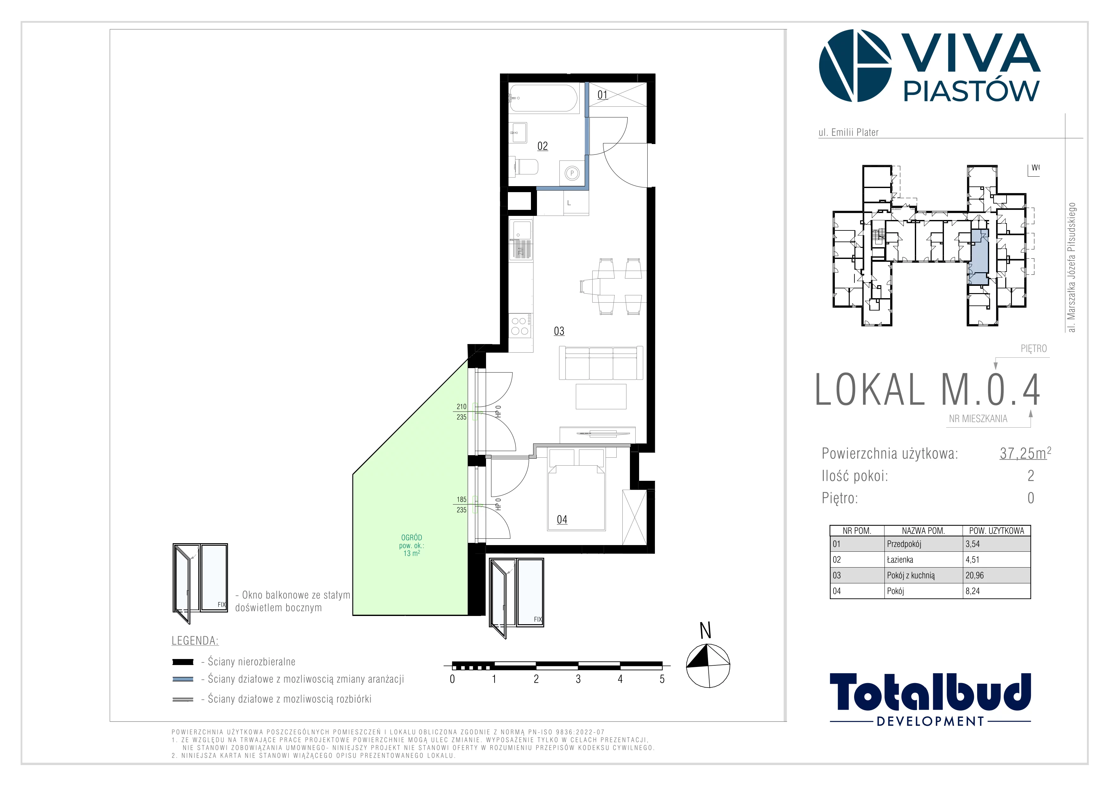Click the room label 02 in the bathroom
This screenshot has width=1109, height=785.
tap(542, 146)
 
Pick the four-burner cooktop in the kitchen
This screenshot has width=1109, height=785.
tap(521, 326)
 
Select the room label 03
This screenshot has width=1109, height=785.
tap(559, 331)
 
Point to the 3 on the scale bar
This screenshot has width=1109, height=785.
tap(578, 679)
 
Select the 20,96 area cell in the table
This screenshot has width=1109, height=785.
tap(974, 575)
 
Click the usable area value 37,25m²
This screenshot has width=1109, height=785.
tap(1025, 453)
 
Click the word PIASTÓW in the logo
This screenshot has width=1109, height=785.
tap(971, 91)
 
